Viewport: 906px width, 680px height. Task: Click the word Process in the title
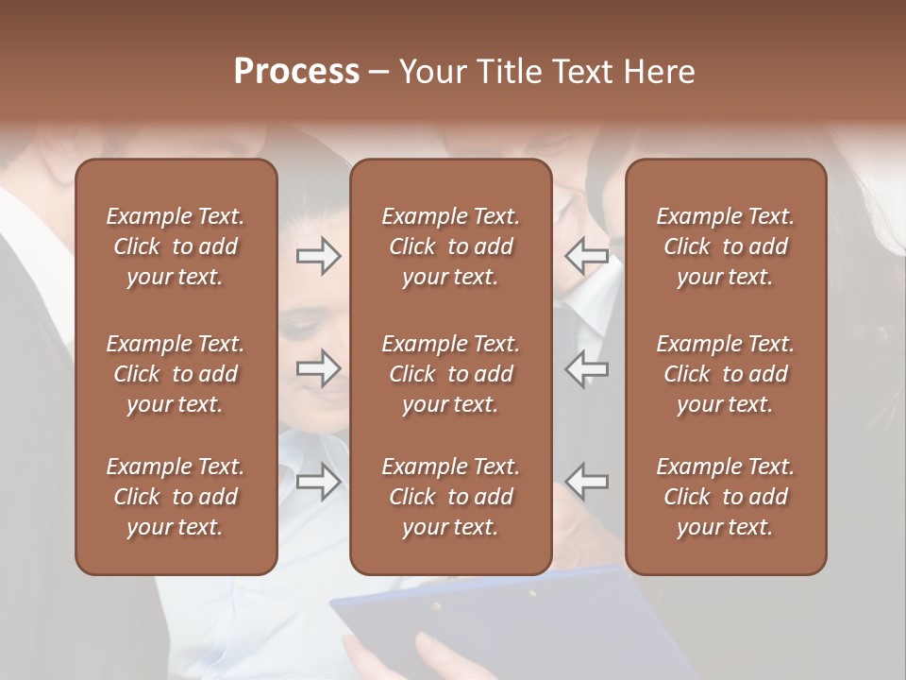tap(296, 72)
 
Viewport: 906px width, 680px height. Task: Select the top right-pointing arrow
tap(318, 256)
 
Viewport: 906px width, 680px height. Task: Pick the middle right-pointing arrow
tap(318, 367)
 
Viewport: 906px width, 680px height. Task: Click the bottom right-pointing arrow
tap(318, 481)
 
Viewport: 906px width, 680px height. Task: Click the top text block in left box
tap(176, 246)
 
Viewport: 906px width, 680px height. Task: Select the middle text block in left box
tap(176, 374)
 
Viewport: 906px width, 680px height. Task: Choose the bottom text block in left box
tap(176, 497)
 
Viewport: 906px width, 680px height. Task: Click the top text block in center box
tap(450, 246)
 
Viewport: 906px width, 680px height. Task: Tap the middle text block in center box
tap(450, 374)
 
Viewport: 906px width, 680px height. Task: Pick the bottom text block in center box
tap(450, 497)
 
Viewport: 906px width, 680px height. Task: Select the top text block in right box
tap(725, 246)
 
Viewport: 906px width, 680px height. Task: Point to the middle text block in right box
tap(725, 374)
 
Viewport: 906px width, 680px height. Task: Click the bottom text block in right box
tap(725, 497)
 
